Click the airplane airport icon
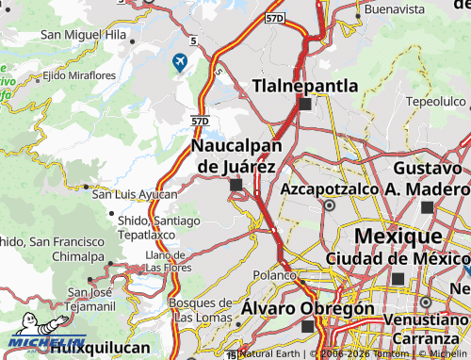pyautogui.click(x=179, y=63)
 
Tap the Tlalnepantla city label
pyautogui.click(x=305, y=86)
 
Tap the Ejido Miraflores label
pyautogui.click(x=79, y=74)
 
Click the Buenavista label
pyautogui.click(x=395, y=8)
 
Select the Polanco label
pyautogui.click(x=274, y=274)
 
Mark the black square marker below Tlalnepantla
pyautogui.click(x=305, y=105)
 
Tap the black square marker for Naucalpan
pyautogui.click(x=235, y=186)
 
